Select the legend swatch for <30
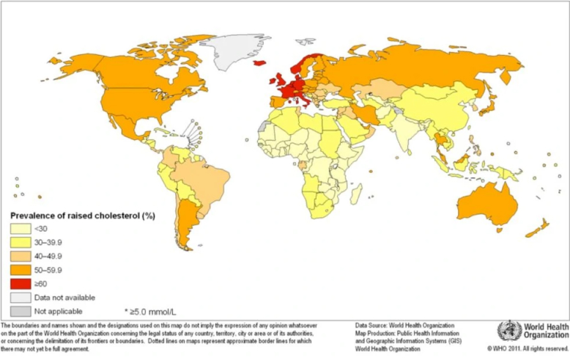[x=21, y=229]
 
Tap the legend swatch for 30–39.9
[x=21, y=243]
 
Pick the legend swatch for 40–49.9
[x=21, y=257]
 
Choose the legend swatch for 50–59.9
[x=21, y=271]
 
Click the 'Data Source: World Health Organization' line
[x=404, y=325]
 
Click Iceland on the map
[x=259, y=63]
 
